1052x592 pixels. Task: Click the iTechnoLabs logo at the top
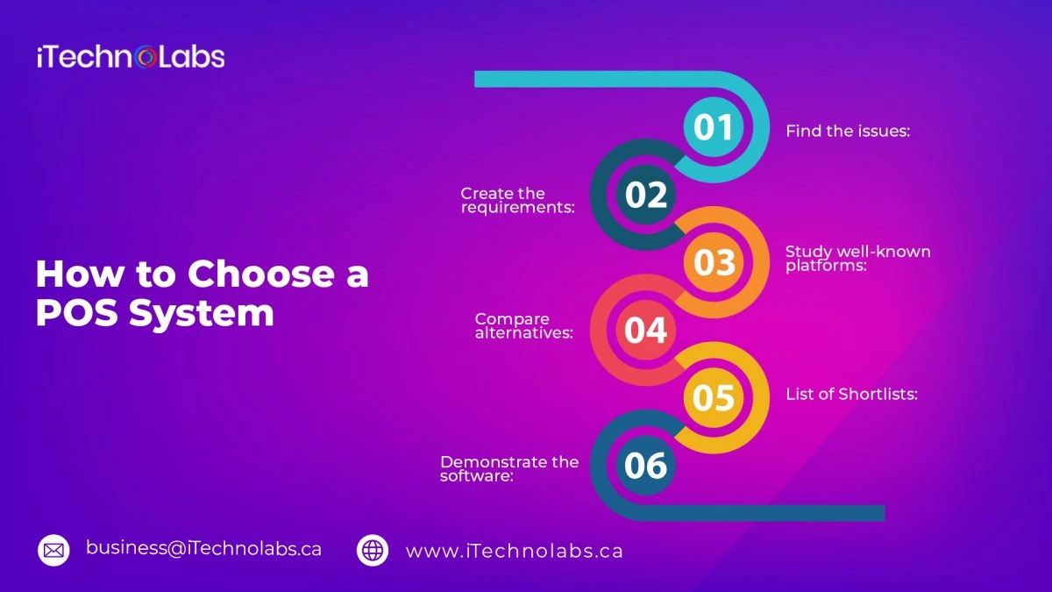click(131, 58)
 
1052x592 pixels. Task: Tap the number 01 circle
click(714, 127)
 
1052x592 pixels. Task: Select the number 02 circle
click(646, 195)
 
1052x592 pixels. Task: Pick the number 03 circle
click(714, 262)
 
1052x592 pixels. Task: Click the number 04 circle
click(646, 330)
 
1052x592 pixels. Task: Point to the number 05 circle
click(714, 397)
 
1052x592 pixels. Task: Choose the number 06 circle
click(646, 465)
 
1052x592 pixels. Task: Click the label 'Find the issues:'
click(848, 132)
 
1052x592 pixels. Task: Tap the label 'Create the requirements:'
click(516, 200)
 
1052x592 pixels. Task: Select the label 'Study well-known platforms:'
click(857, 259)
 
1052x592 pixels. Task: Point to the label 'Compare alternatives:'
click(524, 325)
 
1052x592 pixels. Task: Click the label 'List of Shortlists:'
click(851, 395)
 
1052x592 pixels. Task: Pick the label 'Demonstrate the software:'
click(509, 468)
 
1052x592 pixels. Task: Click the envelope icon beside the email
click(53, 550)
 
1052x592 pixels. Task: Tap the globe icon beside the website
click(373, 550)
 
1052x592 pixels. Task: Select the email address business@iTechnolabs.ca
click(203, 549)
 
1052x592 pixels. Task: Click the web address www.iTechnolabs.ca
click(514, 551)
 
